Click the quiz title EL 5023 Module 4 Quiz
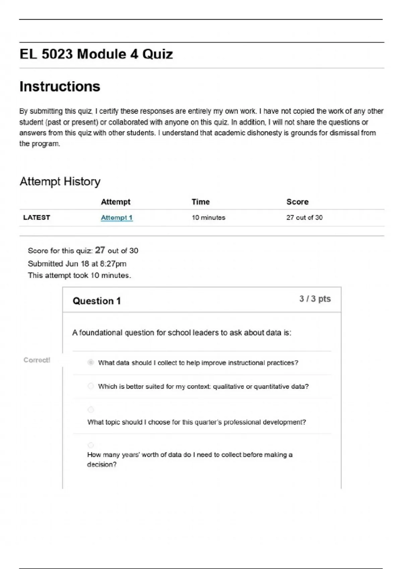pyautogui.click(x=96, y=54)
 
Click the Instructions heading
pyautogui.click(x=60, y=87)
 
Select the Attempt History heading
pyautogui.click(x=60, y=181)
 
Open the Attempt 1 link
pyautogui.click(x=117, y=218)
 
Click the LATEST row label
pyautogui.click(x=37, y=218)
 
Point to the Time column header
pyautogui.click(x=200, y=202)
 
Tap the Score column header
pyautogui.click(x=297, y=202)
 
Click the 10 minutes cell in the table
pyautogui.click(x=208, y=218)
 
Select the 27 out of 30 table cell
pyautogui.click(x=304, y=218)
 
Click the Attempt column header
pyautogui.click(x=116, y=202)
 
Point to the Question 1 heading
pyautogui.click(x=96, y=301)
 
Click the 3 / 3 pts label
pyautogui.click(x=315, y=299)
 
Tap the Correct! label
pyautogui.click(x=37, y=360)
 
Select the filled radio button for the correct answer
pyautogui.click(x=91, y=362)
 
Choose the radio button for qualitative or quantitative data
pyautogui.click(x=91, y=386)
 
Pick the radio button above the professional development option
pyautogui.click(x=91, y=410)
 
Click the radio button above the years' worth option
pyautogui.click(x=91, y=445)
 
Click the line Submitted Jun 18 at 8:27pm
pyautogui.click(x=77, y=264)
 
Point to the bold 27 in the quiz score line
pyautogui.click(x=100, y=250)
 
